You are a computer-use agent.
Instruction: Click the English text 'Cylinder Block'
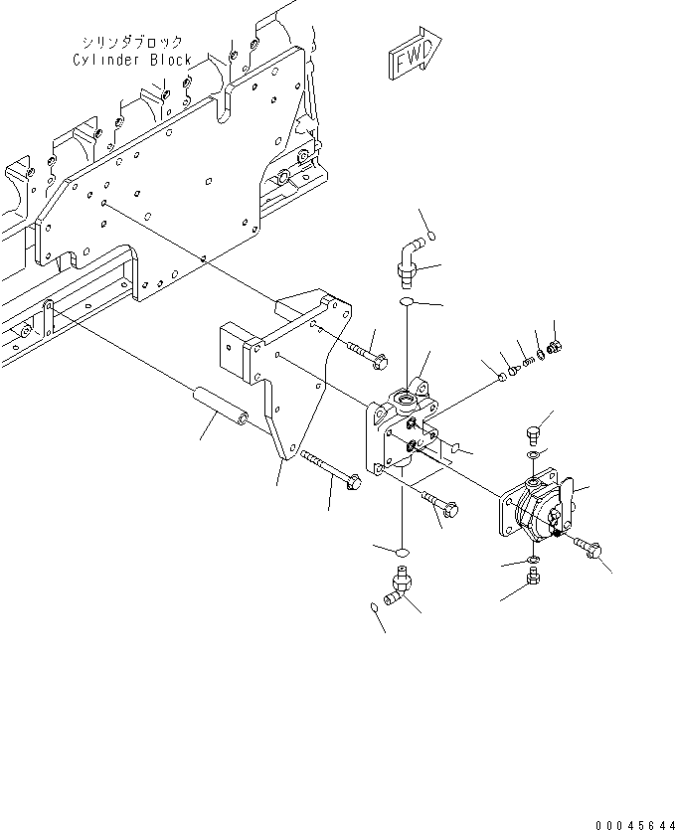click(132, 60)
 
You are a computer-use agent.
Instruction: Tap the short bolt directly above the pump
click(531, 434)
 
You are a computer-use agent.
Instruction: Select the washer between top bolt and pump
click(534, 455)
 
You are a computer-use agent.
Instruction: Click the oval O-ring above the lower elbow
click(400, 550)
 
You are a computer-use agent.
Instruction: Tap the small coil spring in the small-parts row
click(528, 359)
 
